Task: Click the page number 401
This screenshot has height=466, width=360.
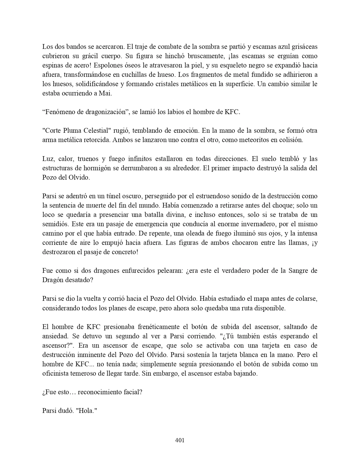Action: tap(180, 440)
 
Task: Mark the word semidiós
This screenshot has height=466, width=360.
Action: tap(55, 224)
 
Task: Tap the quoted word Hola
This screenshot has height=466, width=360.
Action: tap(86, 411)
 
